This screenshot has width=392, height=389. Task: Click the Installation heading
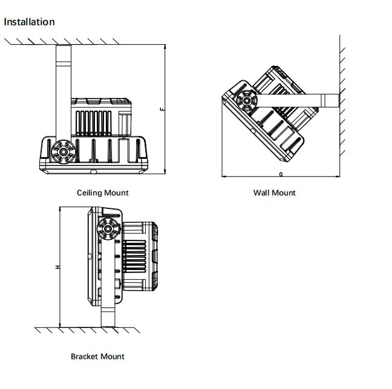tap(29, 22)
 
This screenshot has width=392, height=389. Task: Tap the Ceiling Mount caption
tap(102, 193)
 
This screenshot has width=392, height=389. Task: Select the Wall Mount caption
tap(274, 193)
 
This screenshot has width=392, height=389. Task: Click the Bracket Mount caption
tap(97, 356)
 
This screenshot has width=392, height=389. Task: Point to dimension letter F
tap(162, 109)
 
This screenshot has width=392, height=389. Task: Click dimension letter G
tap(281, 174)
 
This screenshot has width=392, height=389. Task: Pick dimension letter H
tap(57, 266)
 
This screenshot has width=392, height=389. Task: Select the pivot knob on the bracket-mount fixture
tap(108, 230)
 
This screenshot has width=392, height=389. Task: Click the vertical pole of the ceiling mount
tap(64, 85)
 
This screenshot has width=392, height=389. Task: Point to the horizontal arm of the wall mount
tap(302, 99)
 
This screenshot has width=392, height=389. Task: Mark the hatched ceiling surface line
tap(85, 42)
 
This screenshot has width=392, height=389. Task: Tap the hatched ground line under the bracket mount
tap(91, 330)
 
